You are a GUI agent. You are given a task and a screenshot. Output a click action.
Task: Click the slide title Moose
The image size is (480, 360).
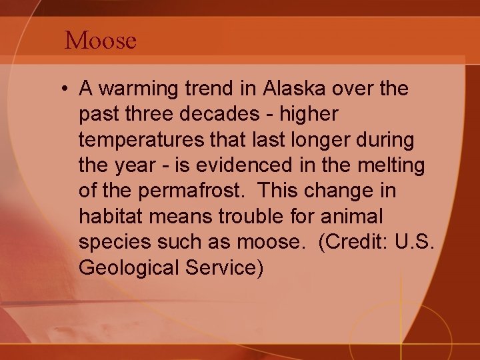[x=101, y=41]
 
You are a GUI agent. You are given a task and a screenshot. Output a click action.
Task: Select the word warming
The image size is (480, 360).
[x=137, y=89]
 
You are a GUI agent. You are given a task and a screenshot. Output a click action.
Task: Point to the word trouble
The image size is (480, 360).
[x=277, y=217]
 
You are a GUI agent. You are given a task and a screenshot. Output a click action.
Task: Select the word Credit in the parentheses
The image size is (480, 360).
[x=352, y=243]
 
